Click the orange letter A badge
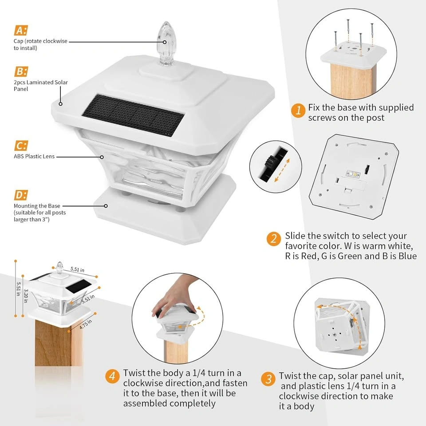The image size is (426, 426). tap(21, 31)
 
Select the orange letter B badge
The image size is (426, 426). tap(21, 72)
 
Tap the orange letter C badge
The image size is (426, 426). tap(21, 146)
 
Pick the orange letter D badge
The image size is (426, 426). tap(21, 195)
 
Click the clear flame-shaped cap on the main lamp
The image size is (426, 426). tap(166, 43)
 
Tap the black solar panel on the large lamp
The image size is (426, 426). tap(133, 115)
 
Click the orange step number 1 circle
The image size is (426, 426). tap(298, 110)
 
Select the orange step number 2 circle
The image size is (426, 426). tap(273, 239)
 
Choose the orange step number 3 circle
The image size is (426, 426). tap(268, 379)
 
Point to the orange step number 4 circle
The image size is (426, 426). tap(112, 376)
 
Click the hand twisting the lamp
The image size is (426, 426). tap(174, 296)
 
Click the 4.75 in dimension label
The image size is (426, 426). tap(86, 324)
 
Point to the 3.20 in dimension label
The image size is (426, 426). tap(26, 296)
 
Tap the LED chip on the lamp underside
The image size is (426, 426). tap(353, 174)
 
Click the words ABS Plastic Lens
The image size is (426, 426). tap(34, 156)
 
